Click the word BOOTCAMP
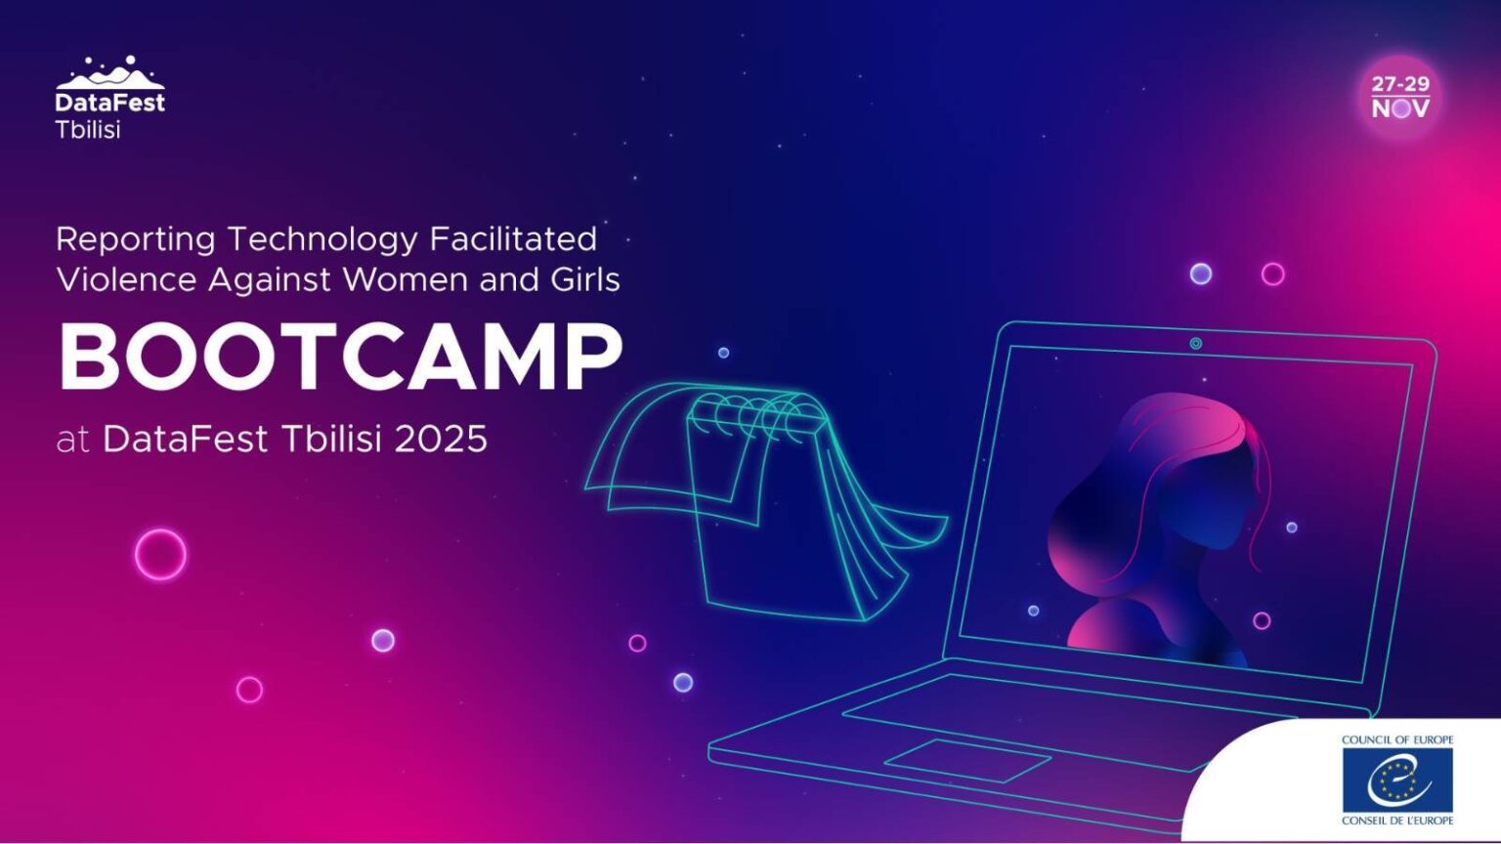(x=341, y=357)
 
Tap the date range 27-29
(x=1400, y=84)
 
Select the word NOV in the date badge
(x=1400, y=108)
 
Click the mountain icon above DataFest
(x=109, y=73)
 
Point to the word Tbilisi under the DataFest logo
(x=88, y=129)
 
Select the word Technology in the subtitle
(x=322, y=240)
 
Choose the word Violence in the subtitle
(x=126, y=279)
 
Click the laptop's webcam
(x=1195, y=344)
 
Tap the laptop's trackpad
(x=967, y=760)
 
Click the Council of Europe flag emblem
(x=1397, y=780)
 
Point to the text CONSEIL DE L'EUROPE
(x=1397, y=820)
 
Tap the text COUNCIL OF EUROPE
(x=1397, y=740)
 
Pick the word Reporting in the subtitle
(x=136, y=240)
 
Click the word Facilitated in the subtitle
(x=513, y=239)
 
